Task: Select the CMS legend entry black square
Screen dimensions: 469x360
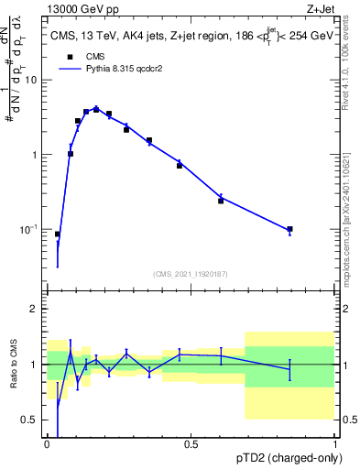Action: [70, 56]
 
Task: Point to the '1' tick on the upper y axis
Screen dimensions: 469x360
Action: [35, 155]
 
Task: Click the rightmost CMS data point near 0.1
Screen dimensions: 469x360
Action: [289, 229]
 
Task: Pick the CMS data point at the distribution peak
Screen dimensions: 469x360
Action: [96, 109]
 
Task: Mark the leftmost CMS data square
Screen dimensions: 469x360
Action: [57, 234]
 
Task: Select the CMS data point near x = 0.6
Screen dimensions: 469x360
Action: [221, 201]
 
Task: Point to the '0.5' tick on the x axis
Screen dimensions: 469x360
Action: [191, 444]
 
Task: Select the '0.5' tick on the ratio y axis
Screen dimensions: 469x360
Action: [29, 420]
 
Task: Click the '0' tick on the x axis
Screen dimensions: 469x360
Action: [47, 444]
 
